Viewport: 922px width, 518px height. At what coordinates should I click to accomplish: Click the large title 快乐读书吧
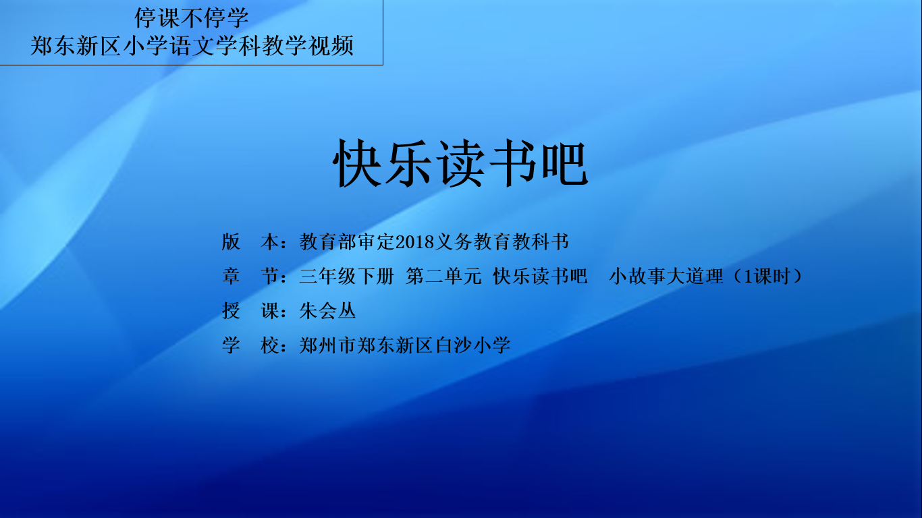point(460,163)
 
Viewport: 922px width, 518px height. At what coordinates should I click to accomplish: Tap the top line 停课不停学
point(192,18)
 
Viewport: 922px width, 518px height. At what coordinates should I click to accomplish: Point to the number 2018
point(415,242)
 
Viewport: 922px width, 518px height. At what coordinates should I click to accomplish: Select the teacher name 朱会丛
point(327,311)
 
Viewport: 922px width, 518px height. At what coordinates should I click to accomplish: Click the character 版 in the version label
point(231,241)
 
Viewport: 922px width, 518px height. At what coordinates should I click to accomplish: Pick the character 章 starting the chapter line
point(231,276)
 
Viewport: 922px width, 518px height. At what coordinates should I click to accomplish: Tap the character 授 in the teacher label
point(231,311)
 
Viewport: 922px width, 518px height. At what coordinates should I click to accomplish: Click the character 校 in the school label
point(270,345)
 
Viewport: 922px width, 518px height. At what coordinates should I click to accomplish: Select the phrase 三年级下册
point(347,276)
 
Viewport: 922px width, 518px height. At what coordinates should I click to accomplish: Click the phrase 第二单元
point(443,276)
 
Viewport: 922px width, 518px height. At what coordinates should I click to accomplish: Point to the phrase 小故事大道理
point(666,276)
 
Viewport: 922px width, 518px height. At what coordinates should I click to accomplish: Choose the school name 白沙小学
point(473,345)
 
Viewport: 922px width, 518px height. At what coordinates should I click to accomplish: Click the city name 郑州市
point(327,345)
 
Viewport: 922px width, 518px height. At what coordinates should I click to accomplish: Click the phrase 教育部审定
point(347,241)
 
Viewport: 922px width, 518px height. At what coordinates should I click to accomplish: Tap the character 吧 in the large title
point(564,163)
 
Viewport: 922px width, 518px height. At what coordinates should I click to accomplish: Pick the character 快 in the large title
point(356,163)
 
